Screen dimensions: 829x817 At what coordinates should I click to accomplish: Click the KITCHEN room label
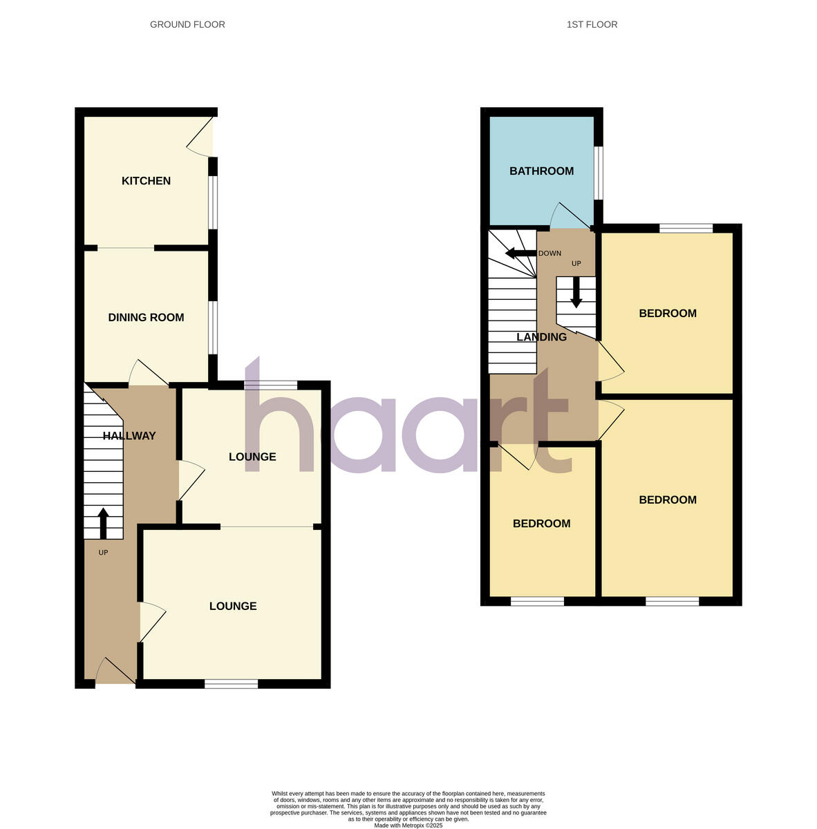tap(146, 181)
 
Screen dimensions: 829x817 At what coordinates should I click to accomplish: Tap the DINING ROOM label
tap(146, 318)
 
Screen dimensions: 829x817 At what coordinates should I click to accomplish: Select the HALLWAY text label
tap(129, 436)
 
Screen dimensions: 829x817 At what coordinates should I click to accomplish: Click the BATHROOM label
tap(541, 171)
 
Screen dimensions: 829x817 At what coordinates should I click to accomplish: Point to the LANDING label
tap(542, 337)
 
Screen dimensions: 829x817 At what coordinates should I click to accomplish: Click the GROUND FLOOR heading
tap(187, 25)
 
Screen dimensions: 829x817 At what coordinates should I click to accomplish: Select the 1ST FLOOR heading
tap(592, 25)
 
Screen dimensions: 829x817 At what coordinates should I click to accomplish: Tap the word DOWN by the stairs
tap(550, 254)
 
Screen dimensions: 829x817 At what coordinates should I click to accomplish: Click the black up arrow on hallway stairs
tap(103, 523)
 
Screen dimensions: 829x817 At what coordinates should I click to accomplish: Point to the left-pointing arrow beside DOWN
tap(520, 253)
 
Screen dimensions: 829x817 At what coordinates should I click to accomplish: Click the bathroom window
tap(599, 171)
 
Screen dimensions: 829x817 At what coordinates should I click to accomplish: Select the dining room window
tap(213, 327)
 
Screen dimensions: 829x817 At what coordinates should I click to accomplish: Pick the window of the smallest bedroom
tap(537, 602)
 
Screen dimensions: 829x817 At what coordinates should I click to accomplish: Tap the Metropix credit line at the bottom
tap(408, 825)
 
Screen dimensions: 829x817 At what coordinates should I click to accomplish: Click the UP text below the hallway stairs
tap(103, 553)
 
